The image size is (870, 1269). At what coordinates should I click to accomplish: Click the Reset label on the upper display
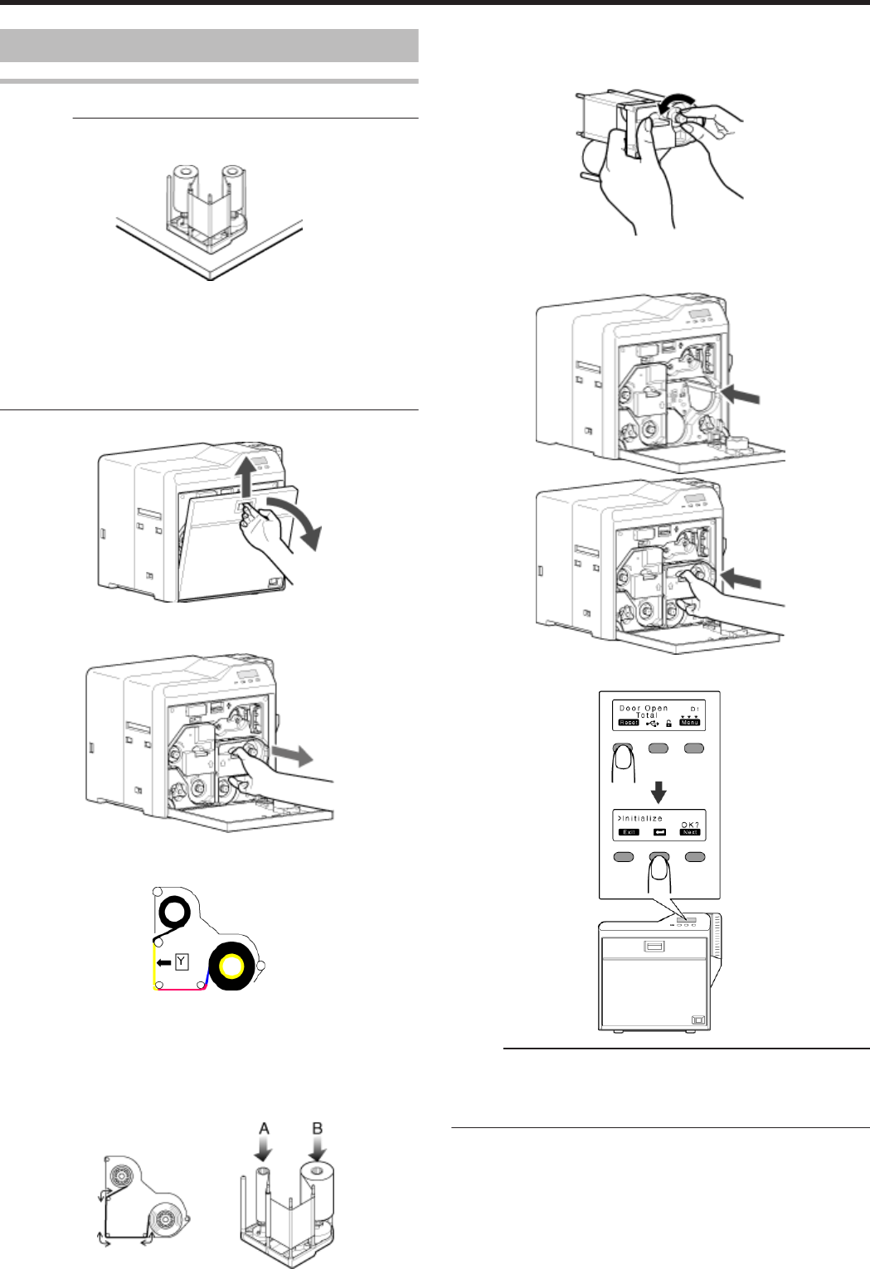click(x=628, y=723)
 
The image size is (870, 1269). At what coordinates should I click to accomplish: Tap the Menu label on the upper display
click(x=689, y=723)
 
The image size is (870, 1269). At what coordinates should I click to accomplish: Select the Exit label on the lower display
click(x=628, y=832)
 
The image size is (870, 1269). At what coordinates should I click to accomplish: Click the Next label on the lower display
click(x=690, y=832)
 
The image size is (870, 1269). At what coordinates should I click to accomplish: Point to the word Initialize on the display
click(x=641, y=819)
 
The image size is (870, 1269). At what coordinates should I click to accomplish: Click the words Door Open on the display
click(x=644, y=709)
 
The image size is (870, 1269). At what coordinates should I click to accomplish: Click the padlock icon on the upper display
click(x=668, y=723)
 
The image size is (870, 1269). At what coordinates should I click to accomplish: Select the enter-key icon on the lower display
click(x=660, y=832)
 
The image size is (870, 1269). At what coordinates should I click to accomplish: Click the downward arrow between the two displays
click(x=659, y=791)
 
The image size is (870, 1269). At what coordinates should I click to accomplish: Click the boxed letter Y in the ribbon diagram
click(x=182, y=962)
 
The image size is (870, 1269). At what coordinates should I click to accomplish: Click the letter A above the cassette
click(x=265, y=1129)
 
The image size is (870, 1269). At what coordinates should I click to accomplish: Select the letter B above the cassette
click(x=316, y=1129)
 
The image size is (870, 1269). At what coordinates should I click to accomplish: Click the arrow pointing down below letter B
click(x=316, y=1150)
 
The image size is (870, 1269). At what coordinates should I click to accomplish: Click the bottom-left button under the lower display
click(x=624, y=857)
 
